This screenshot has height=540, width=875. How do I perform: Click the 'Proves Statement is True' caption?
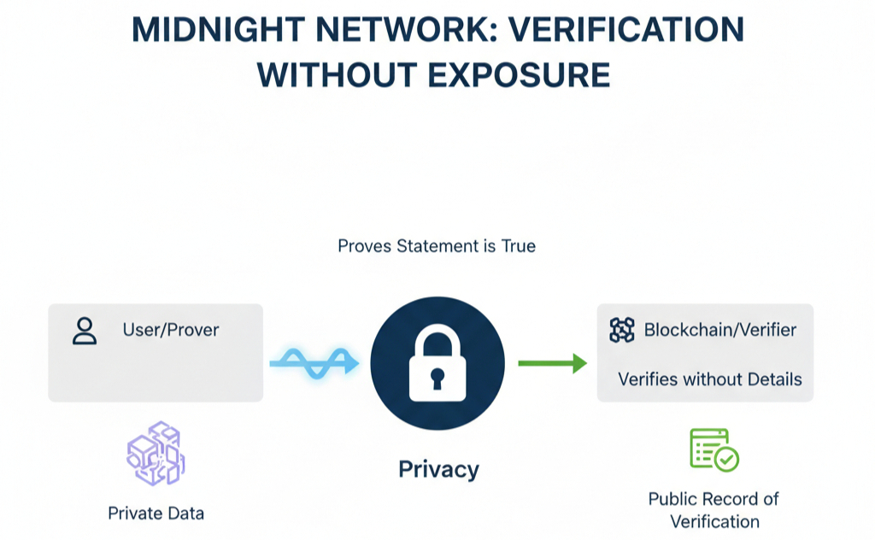click(437, 246)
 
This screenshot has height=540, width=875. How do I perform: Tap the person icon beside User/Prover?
click(85, 331)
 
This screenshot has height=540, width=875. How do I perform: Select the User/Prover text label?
click(171, 330)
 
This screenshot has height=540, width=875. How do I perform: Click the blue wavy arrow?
click(314, 362)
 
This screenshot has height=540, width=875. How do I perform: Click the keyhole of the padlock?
click(437, 377)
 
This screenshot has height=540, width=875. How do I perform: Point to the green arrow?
click(552, 364)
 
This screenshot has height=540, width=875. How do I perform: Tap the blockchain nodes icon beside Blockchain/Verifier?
click(622, 330)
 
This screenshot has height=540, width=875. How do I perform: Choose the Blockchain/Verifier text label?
click(720, 330)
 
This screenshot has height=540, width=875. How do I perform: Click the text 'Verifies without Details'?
click(709, 379)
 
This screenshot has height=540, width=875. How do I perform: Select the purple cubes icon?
click(156, 454)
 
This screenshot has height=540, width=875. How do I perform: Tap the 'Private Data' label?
click(156, 514)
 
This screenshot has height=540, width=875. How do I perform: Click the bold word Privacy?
click(438, 469)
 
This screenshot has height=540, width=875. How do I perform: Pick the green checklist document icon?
click(713, 449)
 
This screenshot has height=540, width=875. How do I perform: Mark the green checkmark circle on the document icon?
click(727, 461)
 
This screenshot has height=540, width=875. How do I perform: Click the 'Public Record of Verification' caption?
click(714, 510)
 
